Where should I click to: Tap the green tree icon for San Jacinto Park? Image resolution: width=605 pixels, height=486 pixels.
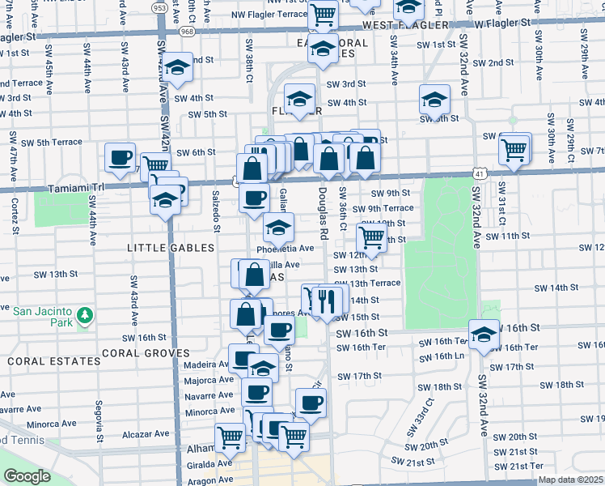[x=82, y=314]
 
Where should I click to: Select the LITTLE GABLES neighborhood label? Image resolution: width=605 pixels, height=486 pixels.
[x=161, y=245]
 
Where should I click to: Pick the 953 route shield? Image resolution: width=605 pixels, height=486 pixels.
[x=159, y=7]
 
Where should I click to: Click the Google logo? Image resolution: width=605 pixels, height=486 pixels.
[x=27, y=476]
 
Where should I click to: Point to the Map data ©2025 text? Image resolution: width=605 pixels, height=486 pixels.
[x=570, y=480]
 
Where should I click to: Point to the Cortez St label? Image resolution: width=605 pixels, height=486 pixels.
[x=15, y=215]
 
